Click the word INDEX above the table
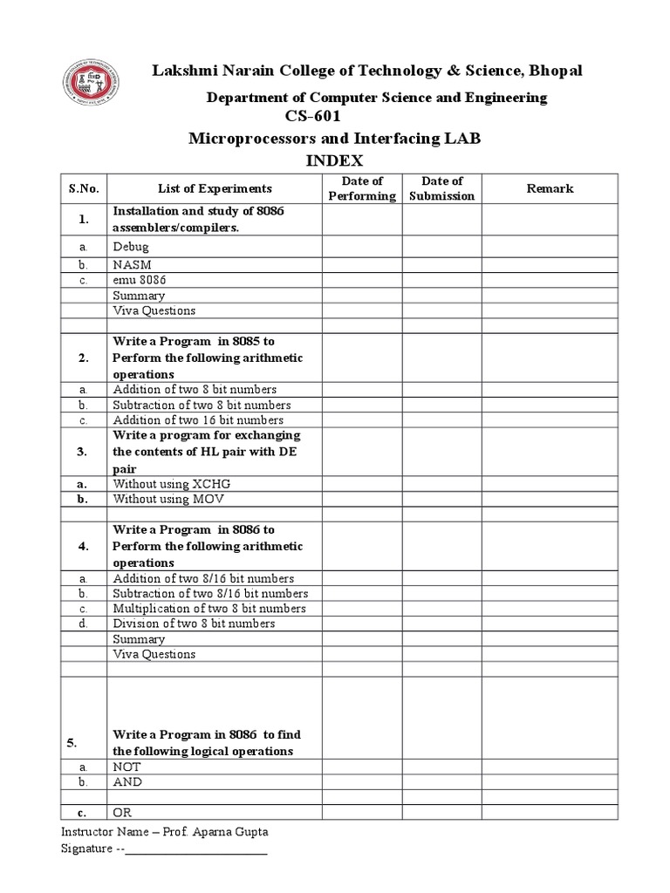[334, 160]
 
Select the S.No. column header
[83, 188]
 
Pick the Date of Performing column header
[362, 188]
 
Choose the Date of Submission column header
[441, 188]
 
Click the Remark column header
[550, 188]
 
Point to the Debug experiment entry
[131, 248]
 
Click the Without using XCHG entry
[171, 483]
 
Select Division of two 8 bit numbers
[194, 624]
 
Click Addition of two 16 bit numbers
[198, 419]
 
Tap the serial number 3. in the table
[82, 452]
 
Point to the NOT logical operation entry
[126, 767]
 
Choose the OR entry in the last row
[121, 813]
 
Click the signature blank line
[196, 849]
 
